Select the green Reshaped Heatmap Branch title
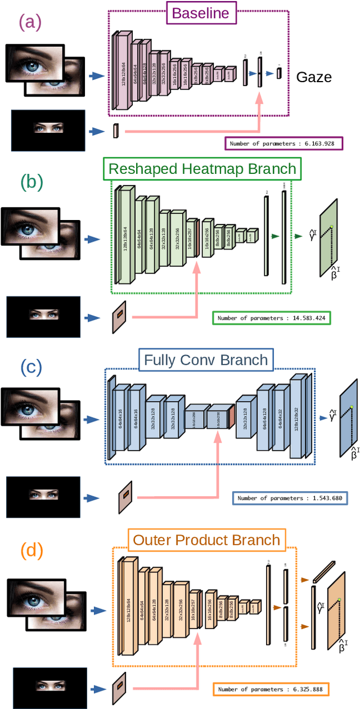[202, 169]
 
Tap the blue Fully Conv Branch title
[206, 359]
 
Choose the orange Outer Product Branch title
[206, 540]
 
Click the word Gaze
[314, 77]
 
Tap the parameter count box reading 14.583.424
[271, 318]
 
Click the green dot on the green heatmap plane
[332, 227]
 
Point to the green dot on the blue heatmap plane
[352, 407]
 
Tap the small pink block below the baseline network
[116, 131]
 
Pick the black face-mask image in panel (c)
[43, 496]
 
